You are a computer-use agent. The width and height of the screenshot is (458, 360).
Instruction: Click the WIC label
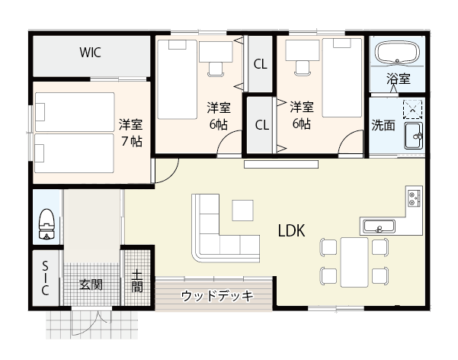[91, 53]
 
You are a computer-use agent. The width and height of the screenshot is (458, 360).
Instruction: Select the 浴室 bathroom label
[398, 79]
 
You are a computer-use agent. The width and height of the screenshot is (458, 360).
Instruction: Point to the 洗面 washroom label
[383, 126]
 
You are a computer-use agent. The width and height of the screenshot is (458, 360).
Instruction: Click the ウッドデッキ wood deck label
[216, 297]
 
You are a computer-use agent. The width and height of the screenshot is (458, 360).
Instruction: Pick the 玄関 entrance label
[91, 285]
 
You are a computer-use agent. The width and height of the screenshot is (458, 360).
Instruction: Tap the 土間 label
[137, 281]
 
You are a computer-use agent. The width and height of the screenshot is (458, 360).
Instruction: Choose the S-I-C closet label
[45, 278]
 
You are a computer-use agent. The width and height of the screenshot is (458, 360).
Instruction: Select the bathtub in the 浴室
[398, 53]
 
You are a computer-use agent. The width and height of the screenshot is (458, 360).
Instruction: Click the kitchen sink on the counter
[378, 226]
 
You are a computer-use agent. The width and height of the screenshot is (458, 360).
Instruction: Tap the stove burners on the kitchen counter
[414, 198]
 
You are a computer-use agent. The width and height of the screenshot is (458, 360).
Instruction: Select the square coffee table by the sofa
[243, 208]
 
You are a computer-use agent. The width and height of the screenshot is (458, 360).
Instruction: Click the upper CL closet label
[260, 64]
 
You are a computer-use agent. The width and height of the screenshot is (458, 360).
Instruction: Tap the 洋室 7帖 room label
[130, 132]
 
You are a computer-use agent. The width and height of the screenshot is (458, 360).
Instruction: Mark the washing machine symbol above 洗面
[413, 110]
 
